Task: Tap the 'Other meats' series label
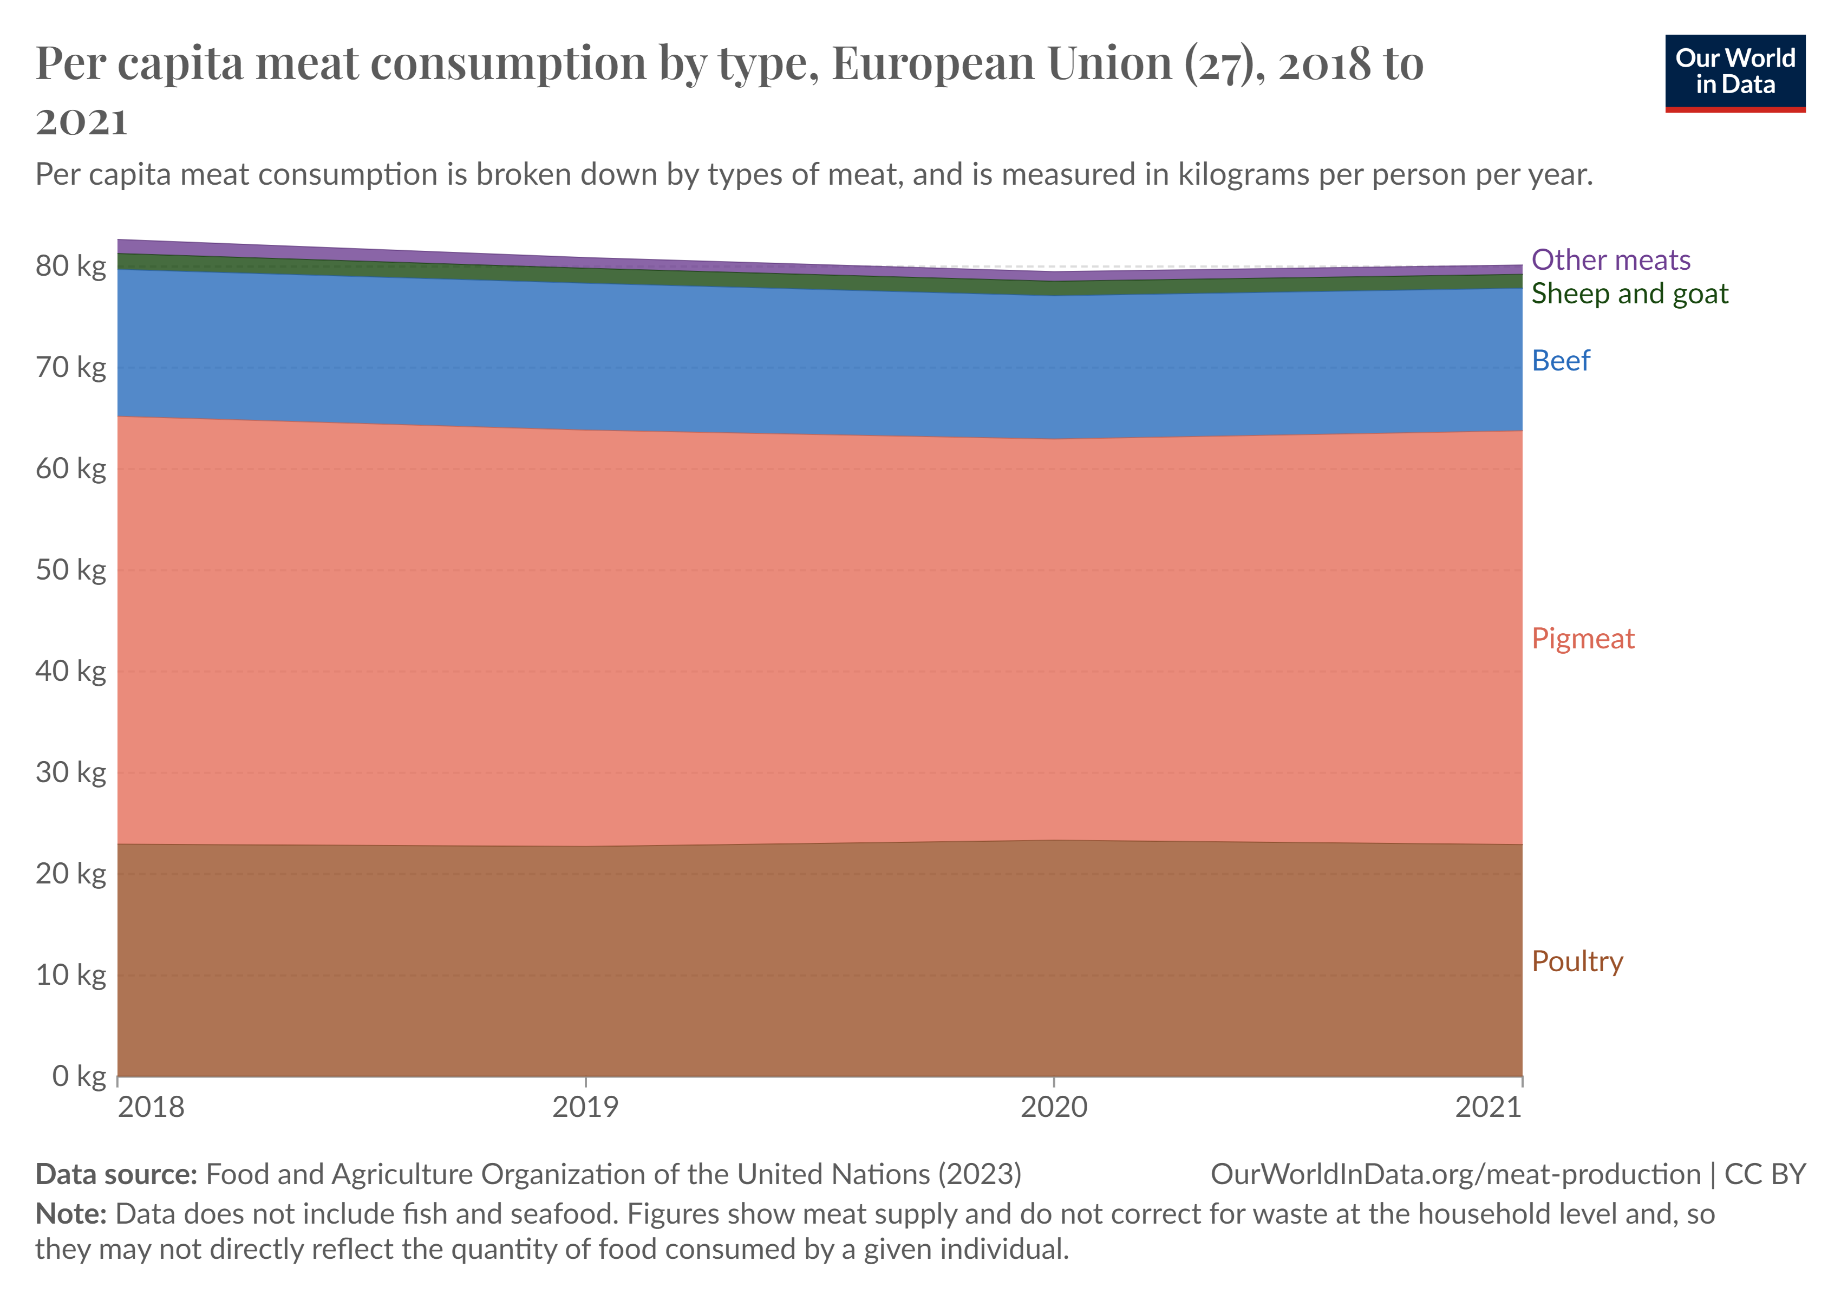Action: tap(1610, 260)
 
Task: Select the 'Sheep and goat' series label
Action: tap(1629, 294)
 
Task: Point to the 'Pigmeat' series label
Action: tap(1582, 639)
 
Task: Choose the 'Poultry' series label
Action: tap(1576, 961)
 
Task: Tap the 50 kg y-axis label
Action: tap(70, 570)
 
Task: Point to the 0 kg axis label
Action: tap(79, 1076)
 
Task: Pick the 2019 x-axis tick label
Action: tap(585, 1108)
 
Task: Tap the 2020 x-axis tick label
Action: tap(1054, 1108)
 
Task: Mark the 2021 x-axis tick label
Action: tap(1488, 1108)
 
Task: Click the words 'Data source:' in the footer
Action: tap(116, 1174)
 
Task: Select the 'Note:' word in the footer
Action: tap(70, 1214)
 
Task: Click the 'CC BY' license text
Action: tap(1765, 1174)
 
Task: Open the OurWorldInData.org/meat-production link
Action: tap(1455, 1174)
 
